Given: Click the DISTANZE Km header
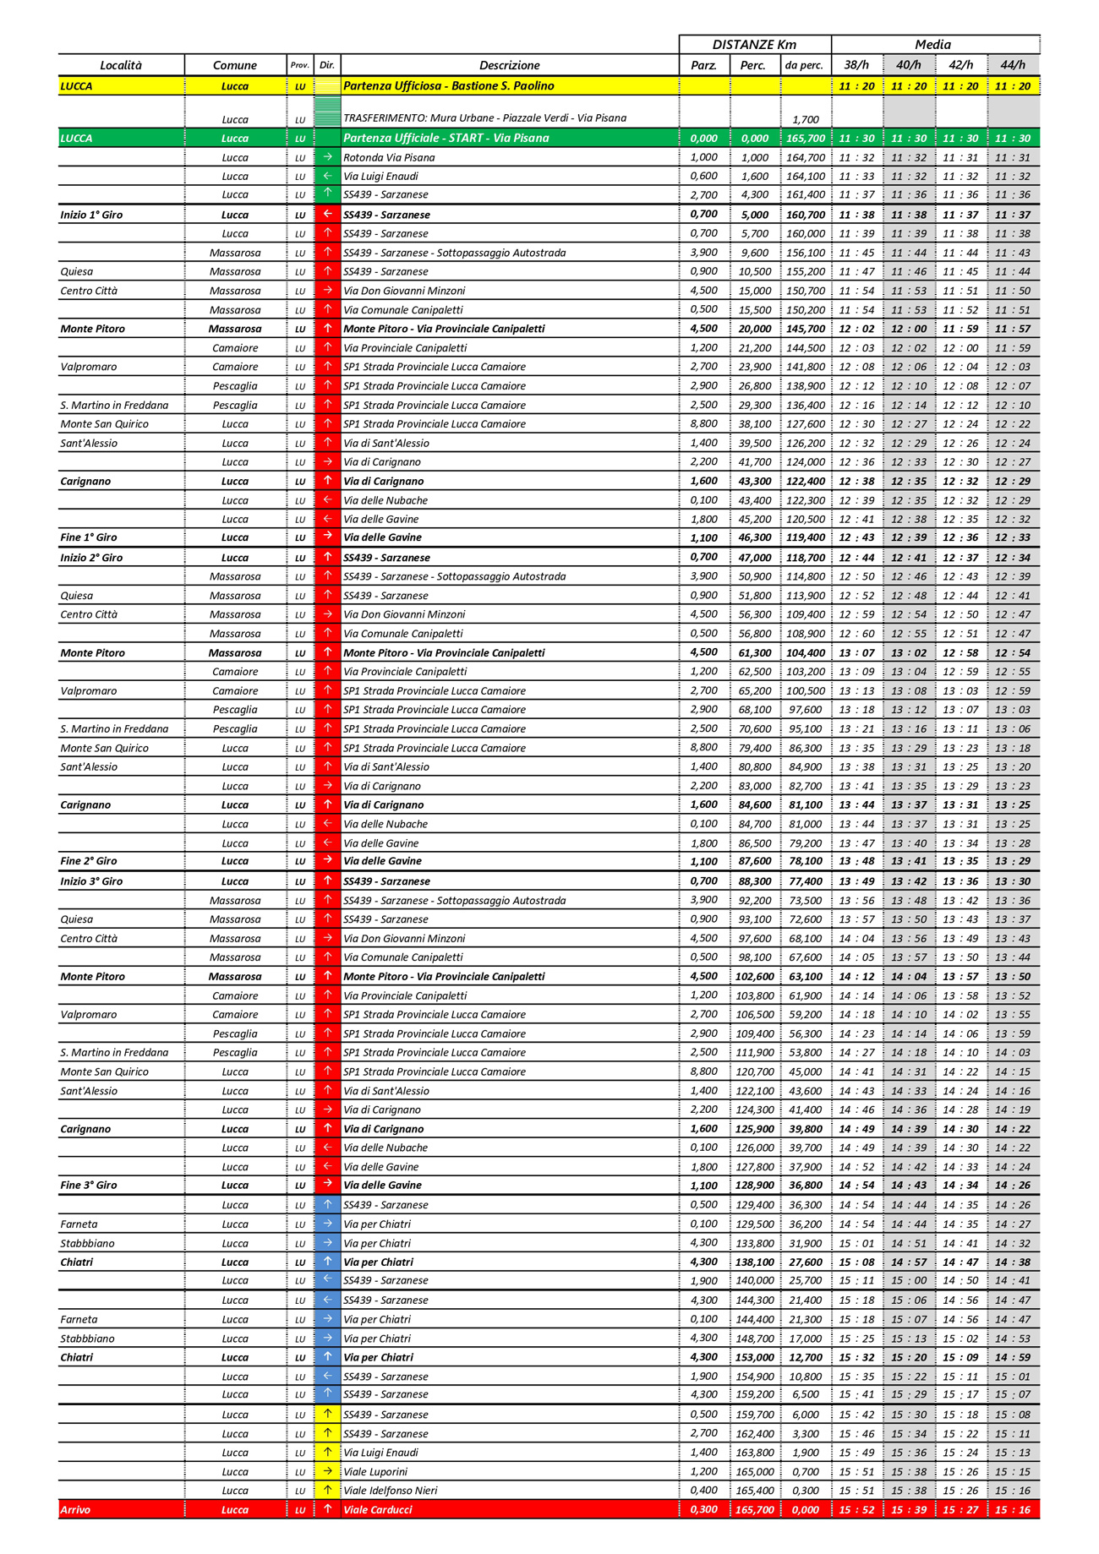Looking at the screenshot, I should click(x=754, y=45).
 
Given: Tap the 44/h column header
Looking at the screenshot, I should click(x=1012, y=65).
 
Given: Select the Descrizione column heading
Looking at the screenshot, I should click(x=509, y=65).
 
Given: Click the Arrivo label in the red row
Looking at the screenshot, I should click(x=75, y=1509).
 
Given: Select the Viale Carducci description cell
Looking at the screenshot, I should click(x=378, y=1509).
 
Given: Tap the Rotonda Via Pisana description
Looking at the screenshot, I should click(x=389, y=157).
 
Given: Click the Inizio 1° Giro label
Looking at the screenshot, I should click(x=91, y=215).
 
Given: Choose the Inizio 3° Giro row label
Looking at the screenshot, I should click(x=91, y=881).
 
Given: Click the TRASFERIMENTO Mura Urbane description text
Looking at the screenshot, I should click(x=484, y=118).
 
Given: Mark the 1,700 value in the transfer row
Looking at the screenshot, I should click(x=806, y=120).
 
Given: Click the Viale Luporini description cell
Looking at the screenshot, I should click(x=375, y=1471).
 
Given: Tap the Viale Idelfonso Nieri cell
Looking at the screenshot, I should click(x=391, y=1491).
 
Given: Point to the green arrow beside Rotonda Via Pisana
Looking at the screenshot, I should click(x=327, y=157).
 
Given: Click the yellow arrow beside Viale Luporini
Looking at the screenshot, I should click(x=327, y=1471).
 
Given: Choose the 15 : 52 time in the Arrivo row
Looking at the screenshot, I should click(x=856, y=1509).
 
